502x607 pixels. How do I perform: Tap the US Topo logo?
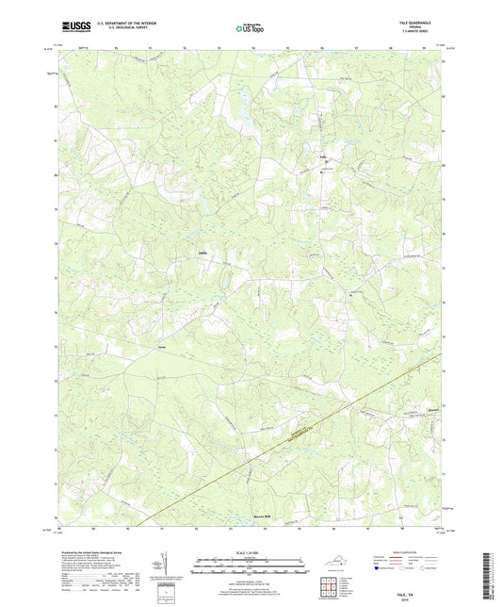[x=250, y=28]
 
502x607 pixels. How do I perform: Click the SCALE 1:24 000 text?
[x=250, y=552]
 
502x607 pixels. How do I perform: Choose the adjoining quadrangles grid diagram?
[x=330, y=587]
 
